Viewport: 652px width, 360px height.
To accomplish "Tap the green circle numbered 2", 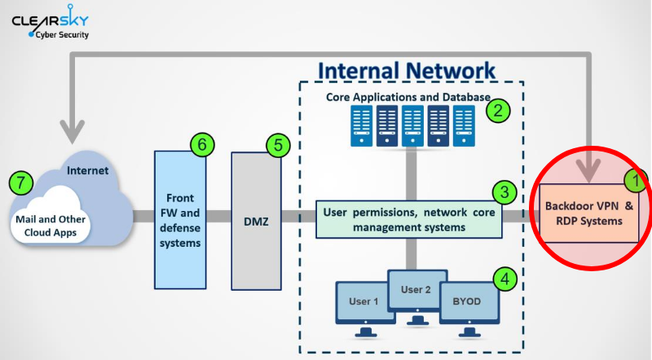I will (498, 110).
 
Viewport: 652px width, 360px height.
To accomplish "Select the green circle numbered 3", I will (504, 193).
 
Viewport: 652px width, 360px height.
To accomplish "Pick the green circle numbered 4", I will (505, 279).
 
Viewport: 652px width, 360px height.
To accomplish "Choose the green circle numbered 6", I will (202, 144).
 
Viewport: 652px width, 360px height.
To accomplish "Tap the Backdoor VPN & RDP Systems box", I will (589, 213).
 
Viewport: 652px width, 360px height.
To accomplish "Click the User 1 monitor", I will (364, 303).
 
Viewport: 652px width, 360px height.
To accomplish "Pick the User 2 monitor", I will (415, 289).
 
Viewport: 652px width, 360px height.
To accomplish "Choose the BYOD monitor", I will (467, 303).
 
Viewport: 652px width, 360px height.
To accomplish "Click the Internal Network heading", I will (406, 70).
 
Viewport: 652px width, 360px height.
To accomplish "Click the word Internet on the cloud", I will (87, 172).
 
